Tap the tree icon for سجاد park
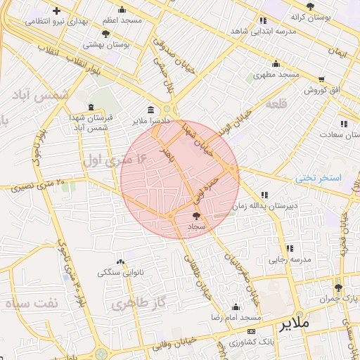tap(195, 216)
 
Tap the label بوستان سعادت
tap(332, 134)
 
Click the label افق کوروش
tap(322, 91)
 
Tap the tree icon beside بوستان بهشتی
tap(105, 33)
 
